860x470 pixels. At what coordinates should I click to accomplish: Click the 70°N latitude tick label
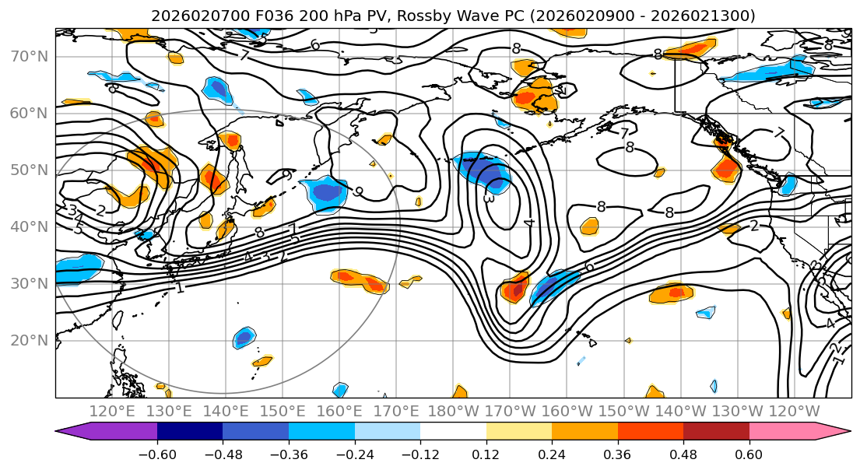tap(29, 57)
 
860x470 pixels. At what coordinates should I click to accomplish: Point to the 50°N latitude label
tap(29, 170)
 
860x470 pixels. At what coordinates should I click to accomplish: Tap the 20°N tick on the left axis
tap(29, 340)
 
